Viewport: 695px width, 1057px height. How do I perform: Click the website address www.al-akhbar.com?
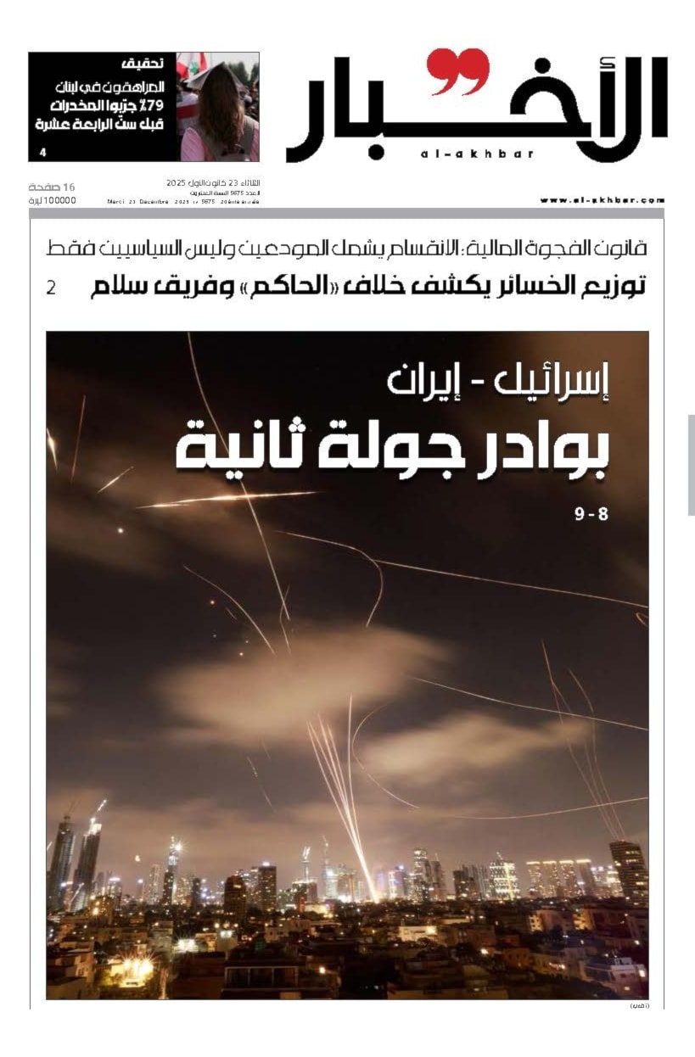click(x=603, y=200)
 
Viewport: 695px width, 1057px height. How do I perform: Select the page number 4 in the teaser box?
click(x=42, y=153)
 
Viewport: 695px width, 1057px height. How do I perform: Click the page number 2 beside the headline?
click(x=51, y=288)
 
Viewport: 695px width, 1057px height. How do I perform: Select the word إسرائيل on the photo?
click(x=552, y=383)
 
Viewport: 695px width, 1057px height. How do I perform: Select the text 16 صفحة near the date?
click(x=53, y=186)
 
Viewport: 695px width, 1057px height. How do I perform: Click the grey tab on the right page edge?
click(x=691, y=464)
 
